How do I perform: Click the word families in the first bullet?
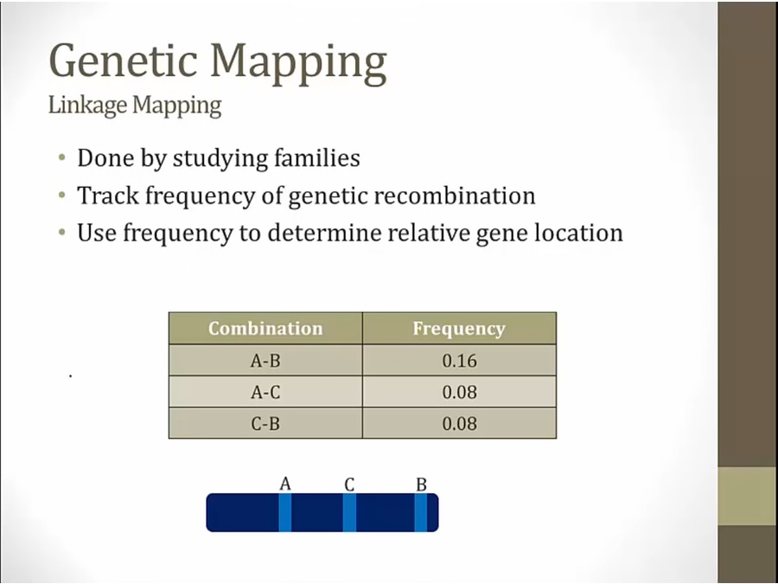pyautogui.click(x=317, y=158)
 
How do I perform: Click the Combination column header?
pyautogui.click(x=265, y=328)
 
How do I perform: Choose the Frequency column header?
pyautogui.click(x=459, y=329)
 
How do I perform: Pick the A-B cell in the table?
pyautogui.click(x=265, y=361)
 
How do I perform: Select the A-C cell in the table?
pyautogui.click(x=265, y=392)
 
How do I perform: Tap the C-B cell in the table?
pyautogui.click(x=265, y=424)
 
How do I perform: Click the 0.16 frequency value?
pyautogui.click(x=460, y=361)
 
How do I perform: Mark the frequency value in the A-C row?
pyautogui.click(x=460, y=392)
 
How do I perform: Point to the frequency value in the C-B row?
pyautogui.click(x=460, y=424)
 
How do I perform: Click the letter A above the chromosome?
pyautogui.click(x=285, y=483)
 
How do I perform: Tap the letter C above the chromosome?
pyautogui.click(x=349, y=485)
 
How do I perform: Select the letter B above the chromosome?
pyautogui.click(x=421, y=485)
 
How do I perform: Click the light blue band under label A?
pyautogui.click(x=284, y=512)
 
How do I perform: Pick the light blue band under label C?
pyautogui.click(x=349, y=512)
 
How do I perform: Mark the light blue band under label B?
pyautogui.click(x=421, y=512)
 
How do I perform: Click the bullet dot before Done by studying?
pyautogui.click(x=62, y=158)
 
